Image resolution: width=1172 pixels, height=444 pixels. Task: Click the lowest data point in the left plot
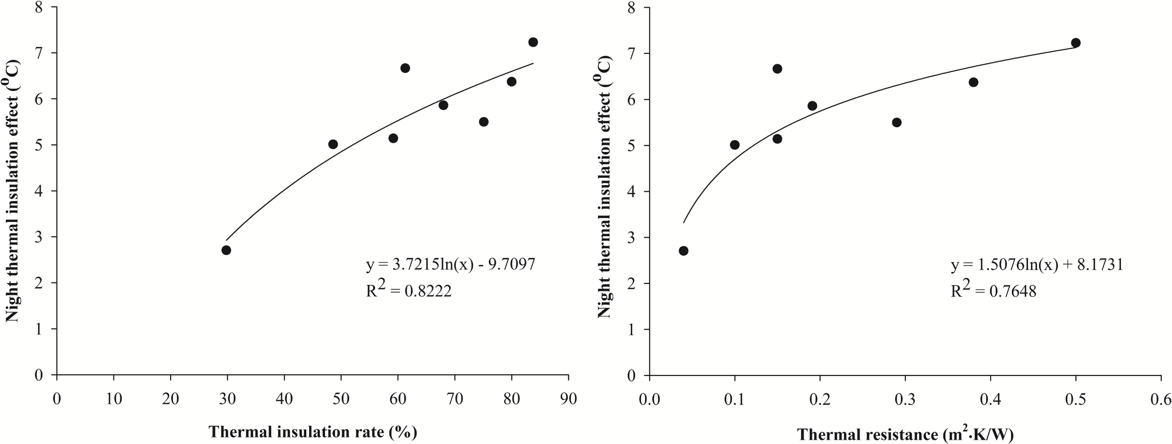click(x=226, y=250)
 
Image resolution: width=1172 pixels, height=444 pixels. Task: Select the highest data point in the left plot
click(x=533, y=42)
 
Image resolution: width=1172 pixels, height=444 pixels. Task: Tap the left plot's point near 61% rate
click(x=405, y=68)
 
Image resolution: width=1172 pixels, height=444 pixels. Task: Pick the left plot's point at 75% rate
click(x=484, y=121)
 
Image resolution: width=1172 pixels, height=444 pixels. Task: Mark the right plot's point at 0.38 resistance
click(x=973, y=82)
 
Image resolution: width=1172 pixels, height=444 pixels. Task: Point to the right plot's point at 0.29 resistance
click(x=897, y=122)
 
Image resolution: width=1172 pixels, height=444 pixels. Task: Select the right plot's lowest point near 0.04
click(x=683, y=251)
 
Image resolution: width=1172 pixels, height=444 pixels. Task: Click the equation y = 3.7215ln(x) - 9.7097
click(x=450, y=264)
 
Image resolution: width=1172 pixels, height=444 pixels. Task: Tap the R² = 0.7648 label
click(x=993, y=290)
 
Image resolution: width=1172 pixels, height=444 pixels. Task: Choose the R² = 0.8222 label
click(x=408, y=290)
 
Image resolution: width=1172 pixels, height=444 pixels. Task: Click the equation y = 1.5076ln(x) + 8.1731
click(x=1037, y=265)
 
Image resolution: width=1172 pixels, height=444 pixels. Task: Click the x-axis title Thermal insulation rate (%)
click(x=313, y=432)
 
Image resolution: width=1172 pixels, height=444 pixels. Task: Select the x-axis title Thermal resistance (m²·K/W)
click(x=905, y=434)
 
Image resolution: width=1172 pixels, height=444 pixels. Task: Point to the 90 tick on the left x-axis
click(x=568, y=398)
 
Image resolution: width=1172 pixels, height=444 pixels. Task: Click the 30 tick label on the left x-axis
click(x=227, y=398)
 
